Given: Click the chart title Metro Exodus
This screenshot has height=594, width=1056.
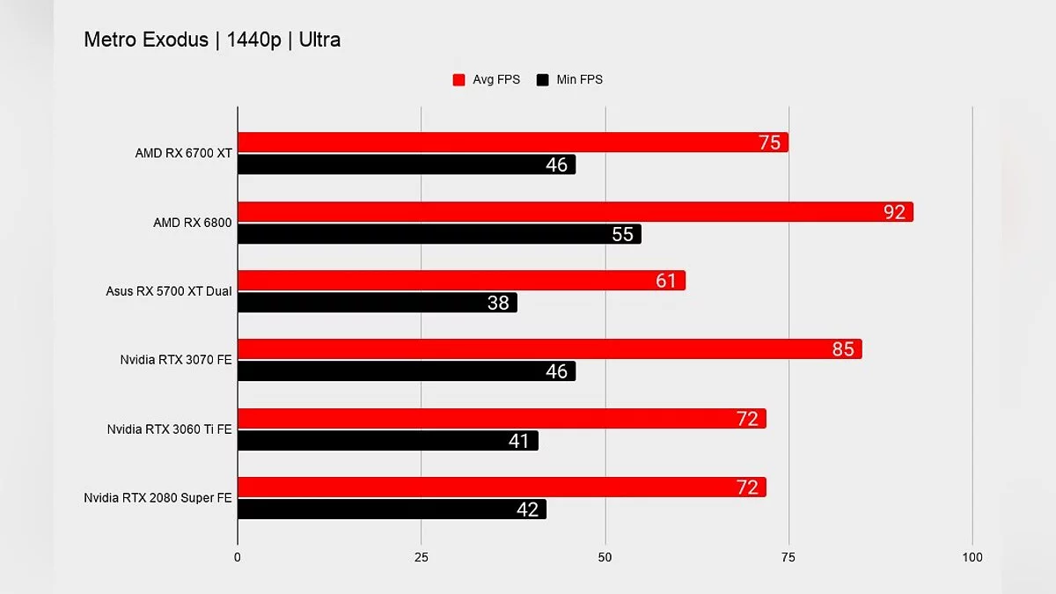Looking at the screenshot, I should click(x=211, y=40).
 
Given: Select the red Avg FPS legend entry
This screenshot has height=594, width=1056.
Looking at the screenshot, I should click(x=486, y=79).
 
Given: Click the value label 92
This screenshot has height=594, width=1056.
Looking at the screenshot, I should click(x=895, y=212).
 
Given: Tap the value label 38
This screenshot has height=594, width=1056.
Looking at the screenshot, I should click(x=498, y=303).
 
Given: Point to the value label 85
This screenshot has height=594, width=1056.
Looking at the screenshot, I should click(x=843, y=349).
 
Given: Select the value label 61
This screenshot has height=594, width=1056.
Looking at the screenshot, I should click(x=666, y=281).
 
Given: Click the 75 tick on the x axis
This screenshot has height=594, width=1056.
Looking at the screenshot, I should click(x=788, y=557).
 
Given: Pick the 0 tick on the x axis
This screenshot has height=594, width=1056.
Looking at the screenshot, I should click(x=238, y=557).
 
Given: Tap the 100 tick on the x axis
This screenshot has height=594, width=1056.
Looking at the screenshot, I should click(x=972, y=557).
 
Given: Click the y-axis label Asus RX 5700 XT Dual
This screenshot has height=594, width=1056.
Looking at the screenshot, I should click(x=169, y=291).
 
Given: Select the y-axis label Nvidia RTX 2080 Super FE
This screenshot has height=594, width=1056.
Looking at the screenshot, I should click(x=158, y=498).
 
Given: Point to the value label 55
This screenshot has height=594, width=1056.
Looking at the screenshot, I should click(x=622, y=234).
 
